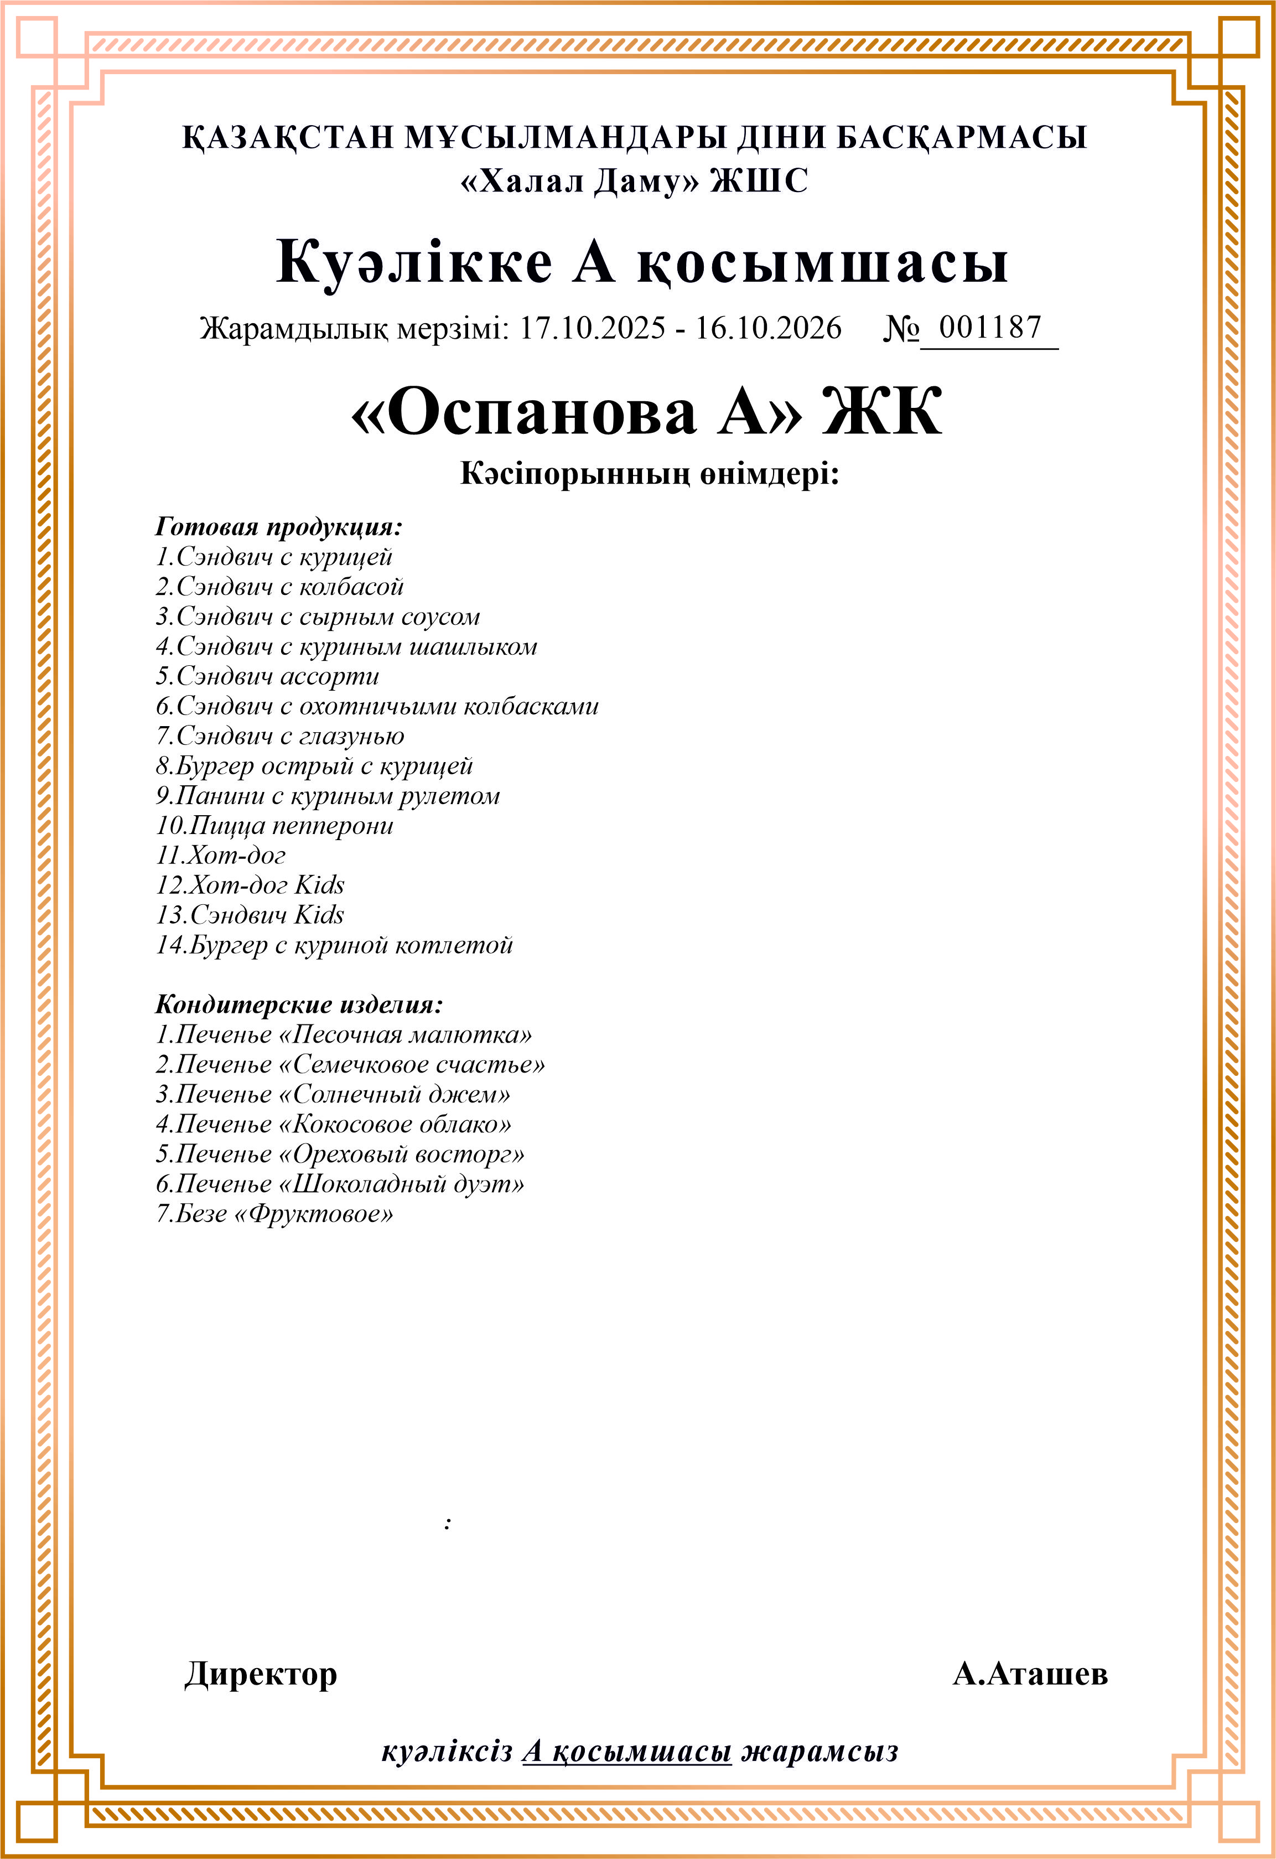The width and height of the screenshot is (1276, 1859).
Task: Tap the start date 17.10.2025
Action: pyautogui.click(x=593, y=328)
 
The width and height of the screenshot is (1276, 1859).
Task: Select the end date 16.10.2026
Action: pyautogui.click(x=768, y=328)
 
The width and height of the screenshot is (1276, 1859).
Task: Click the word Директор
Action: pyautogui.click(x=261, y=1674)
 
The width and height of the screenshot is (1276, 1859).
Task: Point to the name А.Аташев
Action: pyautogui.click(x=1030, y=1674)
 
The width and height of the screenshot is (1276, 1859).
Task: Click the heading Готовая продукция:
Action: pyautogui.click(x=278, y=527)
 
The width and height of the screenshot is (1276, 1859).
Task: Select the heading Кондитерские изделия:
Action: pyautogui.click(x=298, y=1004)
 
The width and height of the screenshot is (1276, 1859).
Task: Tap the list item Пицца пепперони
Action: pyautogui.click(x=274, y=826)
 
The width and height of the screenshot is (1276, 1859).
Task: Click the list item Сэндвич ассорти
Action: pyautogui.click(x=267, y=677)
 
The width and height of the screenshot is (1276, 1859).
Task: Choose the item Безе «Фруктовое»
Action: pyautogui.click(x=274, y=1214)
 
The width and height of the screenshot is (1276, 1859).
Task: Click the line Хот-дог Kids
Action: pyautogui.click(x=251, y=886)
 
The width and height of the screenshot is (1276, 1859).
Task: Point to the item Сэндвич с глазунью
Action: pyautogui.click(x=280, y=736)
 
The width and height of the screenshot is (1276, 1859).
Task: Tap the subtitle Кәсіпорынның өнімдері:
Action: pyautogui.click(x=649, y=474)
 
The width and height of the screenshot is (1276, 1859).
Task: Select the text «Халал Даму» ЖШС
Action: pyautogui.click(x=634, y=182)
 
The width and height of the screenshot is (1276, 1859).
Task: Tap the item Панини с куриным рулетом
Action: pyautogui.click(x=328, y=796)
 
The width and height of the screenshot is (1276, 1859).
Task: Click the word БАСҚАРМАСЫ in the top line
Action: pyautogui.click(x=962, y=138)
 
